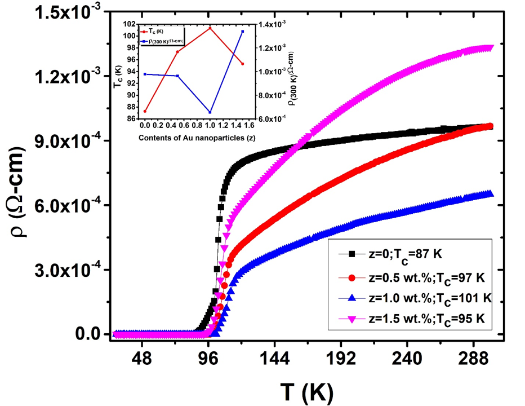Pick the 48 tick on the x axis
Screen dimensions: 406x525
click(x=142, y=360)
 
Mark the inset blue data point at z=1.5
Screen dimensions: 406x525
click(x=243, y=32)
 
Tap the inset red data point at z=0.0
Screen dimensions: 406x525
click(x=145, y=111)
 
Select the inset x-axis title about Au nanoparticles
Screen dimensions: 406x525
click(x=194, y=137)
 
